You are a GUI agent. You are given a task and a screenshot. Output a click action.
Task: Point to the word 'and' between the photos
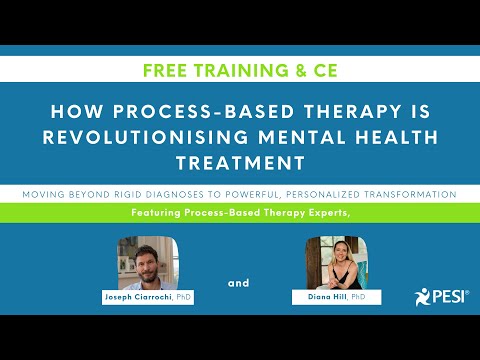[x=238, y=283]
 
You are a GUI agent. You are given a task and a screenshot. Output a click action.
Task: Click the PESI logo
[x=437, y=297]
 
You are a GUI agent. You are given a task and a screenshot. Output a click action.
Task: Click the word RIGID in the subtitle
[x=147, y=193]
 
